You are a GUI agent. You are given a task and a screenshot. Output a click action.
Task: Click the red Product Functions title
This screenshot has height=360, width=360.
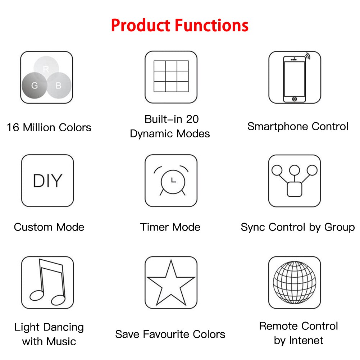(179, 26)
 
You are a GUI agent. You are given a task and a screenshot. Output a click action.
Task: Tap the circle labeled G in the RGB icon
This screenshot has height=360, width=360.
(34, 85)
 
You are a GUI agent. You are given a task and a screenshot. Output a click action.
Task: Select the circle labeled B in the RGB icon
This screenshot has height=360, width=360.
(59, 85)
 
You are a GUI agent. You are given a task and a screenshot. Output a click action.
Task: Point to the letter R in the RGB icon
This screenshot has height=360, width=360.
(46, 69)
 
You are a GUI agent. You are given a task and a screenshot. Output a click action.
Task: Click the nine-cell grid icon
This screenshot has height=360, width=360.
(171, 76)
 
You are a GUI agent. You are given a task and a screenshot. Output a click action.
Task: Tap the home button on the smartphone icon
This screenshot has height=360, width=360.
(295, 99)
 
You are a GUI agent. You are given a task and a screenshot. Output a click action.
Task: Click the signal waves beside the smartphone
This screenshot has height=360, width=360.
(308, 56)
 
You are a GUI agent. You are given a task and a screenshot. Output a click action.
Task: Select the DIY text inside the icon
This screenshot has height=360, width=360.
(47, 181)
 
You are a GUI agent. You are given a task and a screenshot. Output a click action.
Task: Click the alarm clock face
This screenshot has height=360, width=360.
(172, 179)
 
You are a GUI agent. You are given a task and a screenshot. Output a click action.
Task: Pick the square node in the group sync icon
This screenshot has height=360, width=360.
(295, 189)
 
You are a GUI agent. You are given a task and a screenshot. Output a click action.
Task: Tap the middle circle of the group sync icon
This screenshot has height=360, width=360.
(295, 170)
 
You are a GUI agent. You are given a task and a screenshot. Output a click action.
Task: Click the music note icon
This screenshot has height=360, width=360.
(48, 282)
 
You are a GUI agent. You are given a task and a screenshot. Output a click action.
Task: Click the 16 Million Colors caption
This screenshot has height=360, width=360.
(49, 127)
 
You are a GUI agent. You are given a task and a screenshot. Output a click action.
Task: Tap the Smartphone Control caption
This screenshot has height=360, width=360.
(298, 127)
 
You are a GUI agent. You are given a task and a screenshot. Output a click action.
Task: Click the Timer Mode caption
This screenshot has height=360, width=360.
(170, 227)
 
